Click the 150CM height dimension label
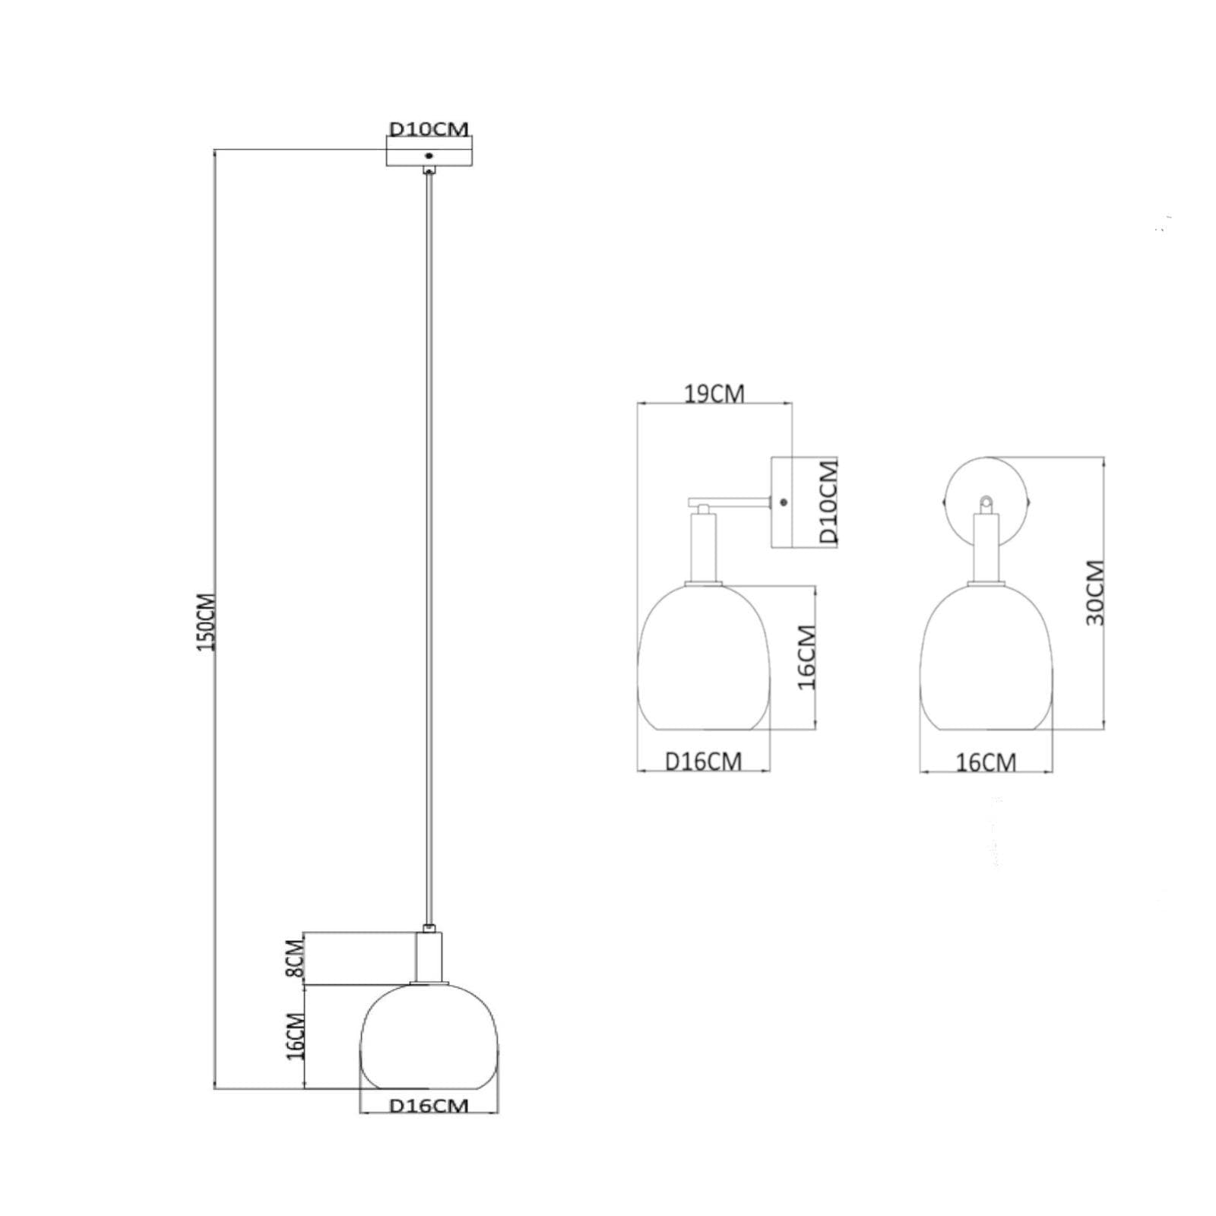point(207,621)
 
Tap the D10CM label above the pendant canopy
point(429,128)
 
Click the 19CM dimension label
point(714,394)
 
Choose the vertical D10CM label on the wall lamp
point(828,501)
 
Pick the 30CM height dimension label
point(1094,593)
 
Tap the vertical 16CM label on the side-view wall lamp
point(806,657)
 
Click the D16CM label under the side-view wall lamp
point(703,761)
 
